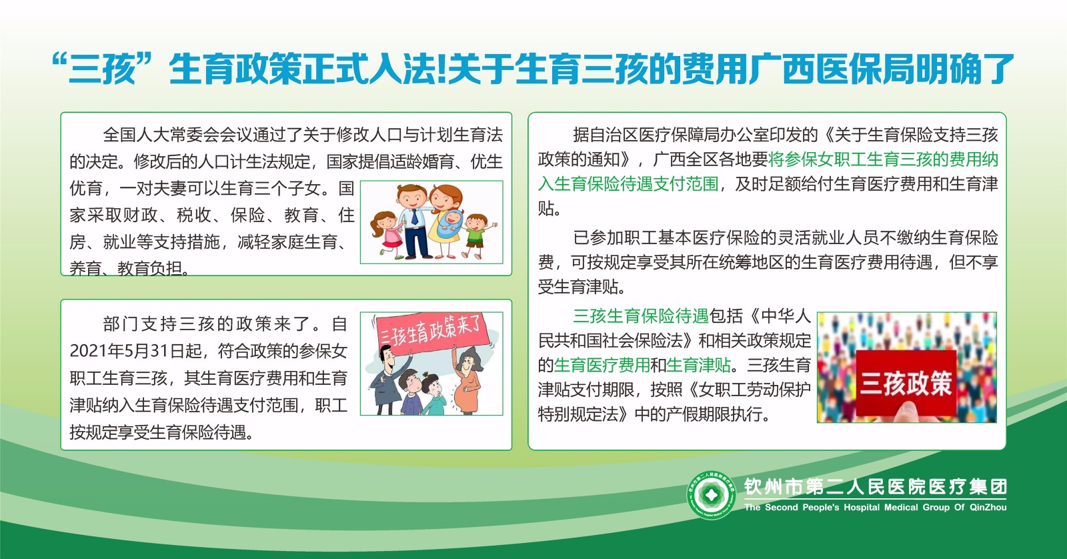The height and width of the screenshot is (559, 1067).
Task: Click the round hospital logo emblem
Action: (x=711, y=495)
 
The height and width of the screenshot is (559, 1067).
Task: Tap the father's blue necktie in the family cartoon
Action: (x=415, y=217)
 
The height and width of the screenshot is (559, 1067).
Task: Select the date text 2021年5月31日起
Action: (x=136, y=352)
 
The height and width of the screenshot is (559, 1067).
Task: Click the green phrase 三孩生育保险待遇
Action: (x=641, y=316)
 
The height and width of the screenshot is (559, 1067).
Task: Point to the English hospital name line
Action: (x=876, y=507)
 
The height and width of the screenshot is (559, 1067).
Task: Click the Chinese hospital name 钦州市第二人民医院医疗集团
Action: (x=876, y=486)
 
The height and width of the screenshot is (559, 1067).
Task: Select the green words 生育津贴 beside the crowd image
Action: (x=699, y=365)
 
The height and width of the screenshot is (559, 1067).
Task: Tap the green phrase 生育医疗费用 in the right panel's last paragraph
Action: (x=602, y=365)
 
